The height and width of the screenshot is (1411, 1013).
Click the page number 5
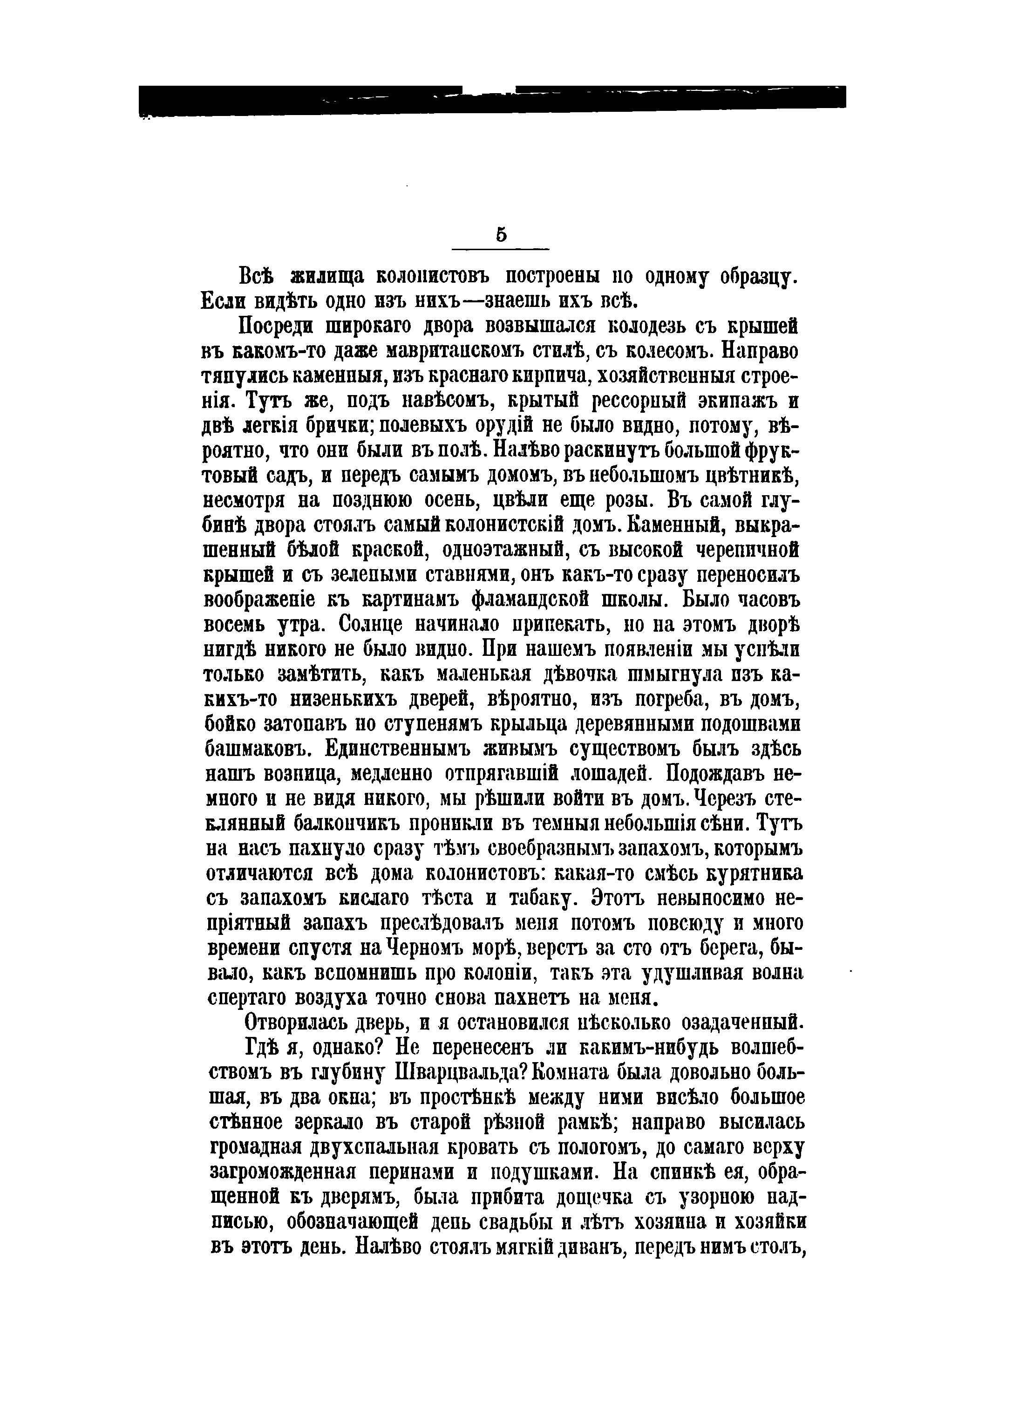(501, 235)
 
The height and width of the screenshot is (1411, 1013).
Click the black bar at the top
(491, 100)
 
